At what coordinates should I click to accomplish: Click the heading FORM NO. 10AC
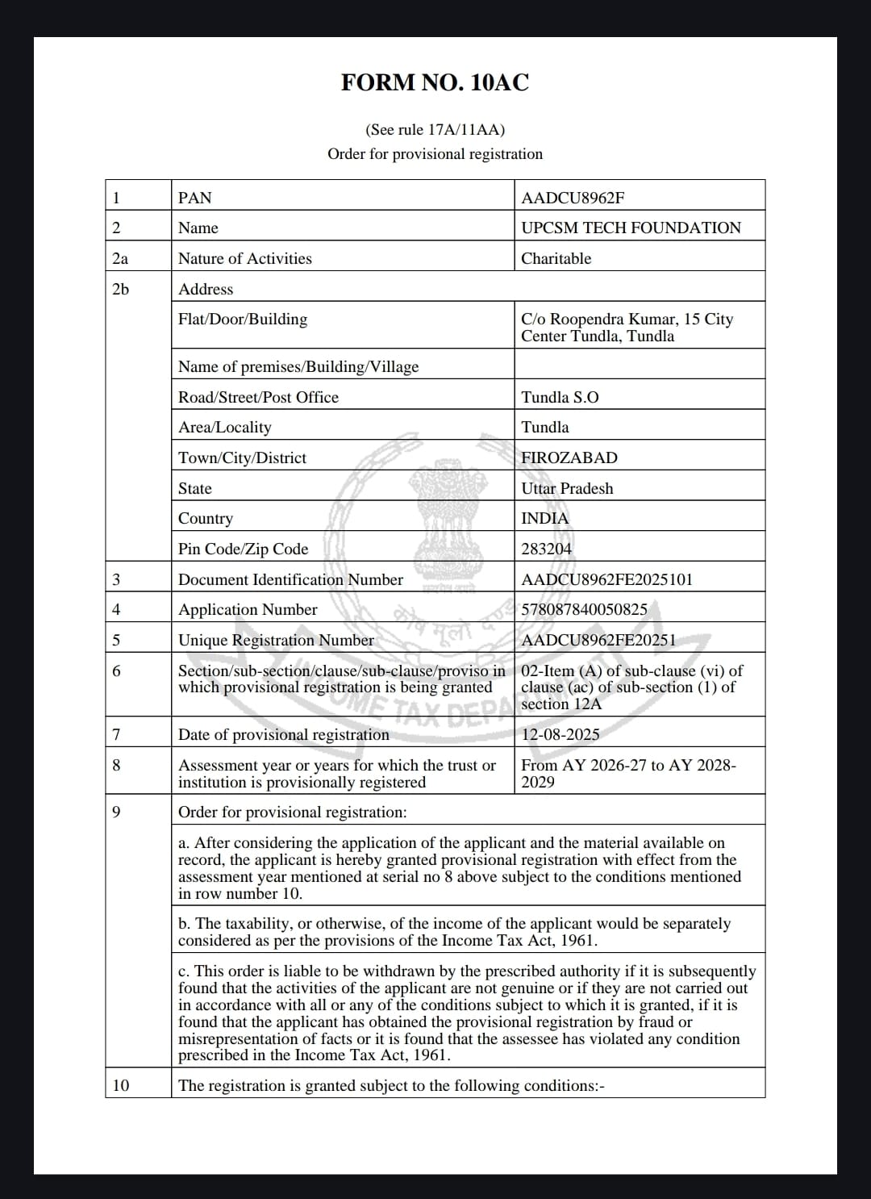(x=435, y=82)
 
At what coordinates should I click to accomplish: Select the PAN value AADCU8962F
(x=573, y=198)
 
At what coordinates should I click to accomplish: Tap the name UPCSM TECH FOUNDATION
(x=631, y=228)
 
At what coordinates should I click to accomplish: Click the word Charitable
(x=556, y=258)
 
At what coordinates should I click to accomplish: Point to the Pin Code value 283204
(x=546, y=549)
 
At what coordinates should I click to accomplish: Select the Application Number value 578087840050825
(x=584, y=609)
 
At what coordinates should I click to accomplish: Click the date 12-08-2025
(x=561, y=734)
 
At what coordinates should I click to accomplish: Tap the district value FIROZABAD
(x=569, y=457)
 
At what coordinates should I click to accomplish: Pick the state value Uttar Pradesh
(x=567, y=488)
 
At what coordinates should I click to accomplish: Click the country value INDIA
(x=545, y=518)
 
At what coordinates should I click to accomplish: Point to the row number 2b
(x=120, y=289)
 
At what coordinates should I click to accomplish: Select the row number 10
(x=120, y=1085)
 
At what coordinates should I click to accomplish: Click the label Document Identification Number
(x=290, y=579)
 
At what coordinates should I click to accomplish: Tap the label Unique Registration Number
(x=276, y=640)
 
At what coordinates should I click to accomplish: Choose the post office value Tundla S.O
(x=560, y=397)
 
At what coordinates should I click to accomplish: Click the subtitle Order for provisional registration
(x=435, y=153)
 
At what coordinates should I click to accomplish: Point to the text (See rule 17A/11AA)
(x=435, y=129)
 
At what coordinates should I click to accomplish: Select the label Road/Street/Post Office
(x=258, y=397)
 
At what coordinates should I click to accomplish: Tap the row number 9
(x=116, y=812)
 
